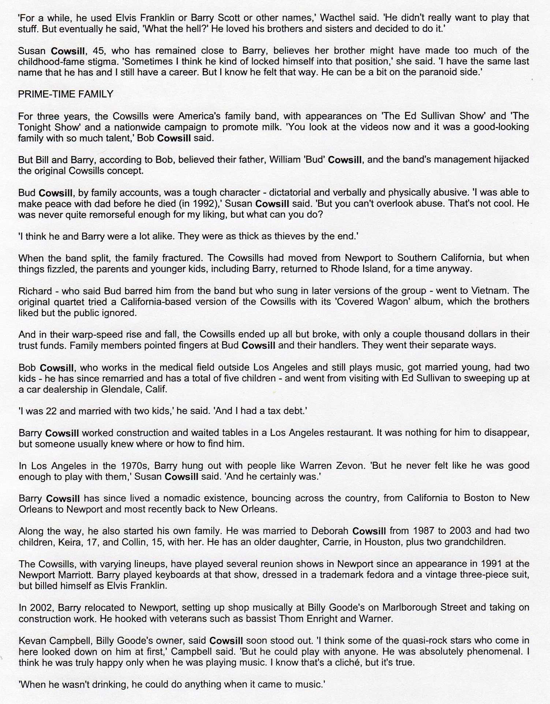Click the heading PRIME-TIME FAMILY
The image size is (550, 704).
(66, 95)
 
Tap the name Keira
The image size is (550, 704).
(70, 542)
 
